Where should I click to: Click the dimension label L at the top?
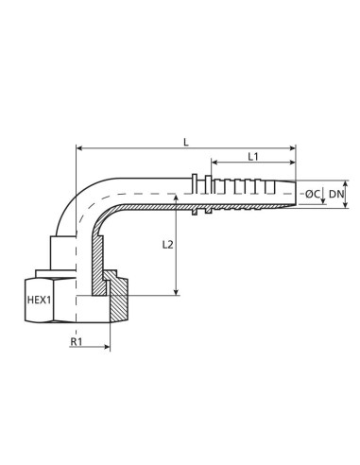(x=186, y=141)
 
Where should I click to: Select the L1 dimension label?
(x=253, y=156)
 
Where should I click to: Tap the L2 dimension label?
(x=166, y=245)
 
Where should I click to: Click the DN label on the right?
(x=335, y=194)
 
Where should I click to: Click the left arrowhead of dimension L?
(x=78, y=148)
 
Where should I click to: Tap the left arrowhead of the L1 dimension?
(x=214, y=164)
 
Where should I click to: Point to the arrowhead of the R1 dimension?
(x=107, y=349)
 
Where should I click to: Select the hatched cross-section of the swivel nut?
(x=120, y=302)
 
